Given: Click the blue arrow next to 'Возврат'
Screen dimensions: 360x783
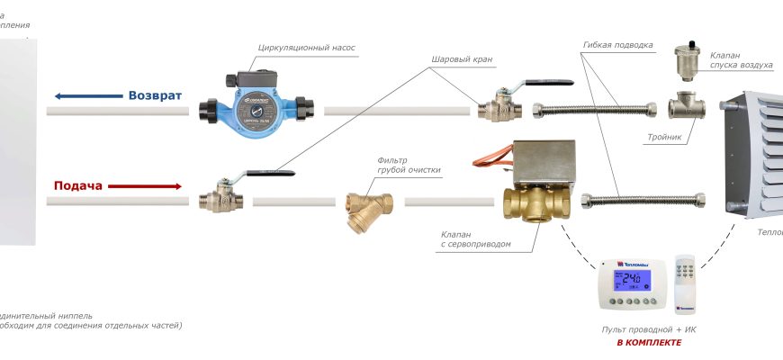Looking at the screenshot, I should click(x=87, y=96).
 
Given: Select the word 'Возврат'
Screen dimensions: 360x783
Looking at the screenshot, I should click(x=155, y=95).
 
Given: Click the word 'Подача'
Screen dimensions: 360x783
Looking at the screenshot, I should click(x=79, y=185).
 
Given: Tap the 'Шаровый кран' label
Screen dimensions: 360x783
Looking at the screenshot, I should click(x=463, y=60).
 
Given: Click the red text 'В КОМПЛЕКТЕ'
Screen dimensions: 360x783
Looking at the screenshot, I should click(x=648, y=343).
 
